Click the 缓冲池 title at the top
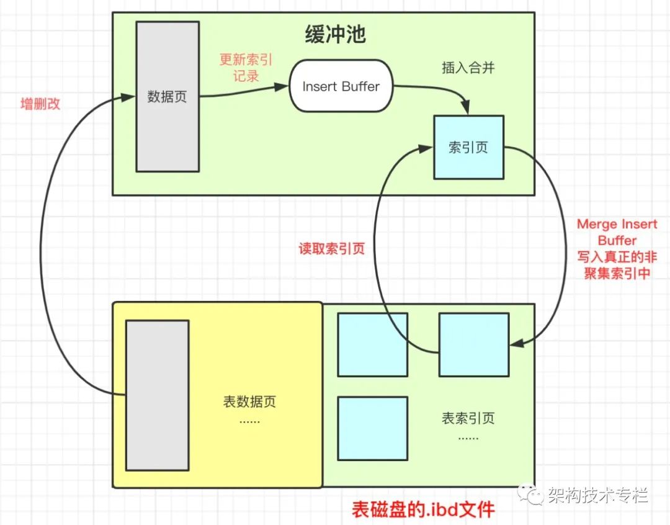[x=336, y=34]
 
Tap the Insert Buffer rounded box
[x=341, y=86]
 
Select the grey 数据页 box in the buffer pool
[x=167, y=97]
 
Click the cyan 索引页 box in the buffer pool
[x=469, y=148]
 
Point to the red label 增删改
[x=40, y=104]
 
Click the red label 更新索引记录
[x=246, y=68]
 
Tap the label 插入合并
[x=468, y=68]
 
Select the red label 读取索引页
[x=331, y=248]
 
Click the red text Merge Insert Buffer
[x=617, y=232]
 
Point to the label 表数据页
[x=249, y=402]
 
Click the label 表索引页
[x=468, y=418]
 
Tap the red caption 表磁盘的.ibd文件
[x=423, y=509]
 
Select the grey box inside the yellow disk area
[x=157, y=395]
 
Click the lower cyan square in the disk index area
[x=373, y=429]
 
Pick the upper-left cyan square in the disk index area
[x=373, y=344]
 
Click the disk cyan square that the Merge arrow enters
[x=474, y=344]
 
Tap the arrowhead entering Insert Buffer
[x=282, y=87]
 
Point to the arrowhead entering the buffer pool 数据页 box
[x=128, y=97]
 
